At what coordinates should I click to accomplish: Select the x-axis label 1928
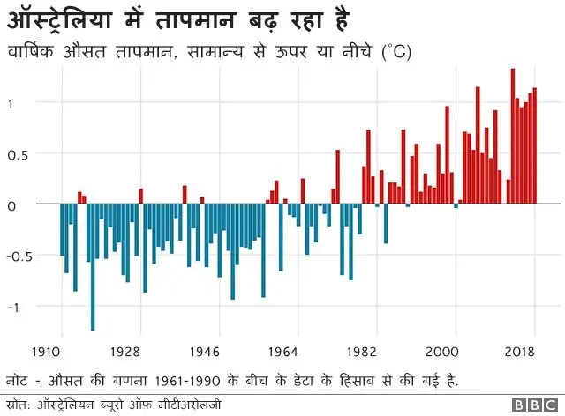[126, 351]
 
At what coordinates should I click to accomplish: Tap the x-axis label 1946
[205, 351]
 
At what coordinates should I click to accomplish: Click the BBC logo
[531, 405]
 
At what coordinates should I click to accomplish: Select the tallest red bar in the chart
[512, 137]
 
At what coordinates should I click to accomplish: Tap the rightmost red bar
[535, 146]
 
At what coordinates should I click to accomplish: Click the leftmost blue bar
[62, 230]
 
